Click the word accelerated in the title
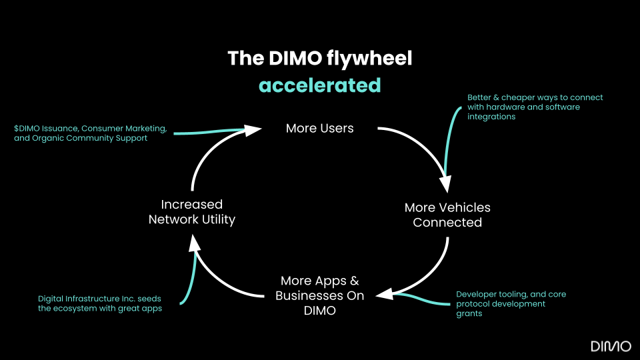(319, 85)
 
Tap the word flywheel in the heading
(370, 59)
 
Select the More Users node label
(319, 128)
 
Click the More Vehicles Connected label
(447, 215)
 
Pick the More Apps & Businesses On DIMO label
(319, 295)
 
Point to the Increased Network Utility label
(192, 211)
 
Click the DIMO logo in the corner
(611, 345)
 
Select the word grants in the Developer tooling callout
(469, 313)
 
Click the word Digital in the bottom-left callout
(51, 298)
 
